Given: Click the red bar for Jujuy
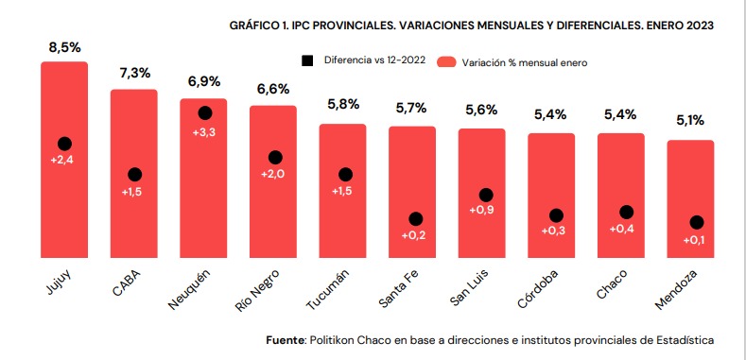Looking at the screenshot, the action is (x=64, y=160).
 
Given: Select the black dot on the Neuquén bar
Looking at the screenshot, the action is (x=205, y=112).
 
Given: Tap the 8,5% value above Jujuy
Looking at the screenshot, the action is (x=64, y=48).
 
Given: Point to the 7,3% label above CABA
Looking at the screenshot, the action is (x=134, y=74).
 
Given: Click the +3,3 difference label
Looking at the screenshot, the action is (x=204, y=132).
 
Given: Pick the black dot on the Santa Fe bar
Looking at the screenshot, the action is (x=415, y=219).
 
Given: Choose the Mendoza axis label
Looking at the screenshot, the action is (x=676, y=290).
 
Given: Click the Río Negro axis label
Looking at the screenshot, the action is (x=257, y=290).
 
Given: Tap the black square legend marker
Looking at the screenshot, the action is (x=308, y=60).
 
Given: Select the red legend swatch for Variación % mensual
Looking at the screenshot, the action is (x=446, y=62).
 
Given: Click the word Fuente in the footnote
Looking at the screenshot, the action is (x=285, y=340).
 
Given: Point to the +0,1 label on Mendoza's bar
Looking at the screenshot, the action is (x=694, y=241).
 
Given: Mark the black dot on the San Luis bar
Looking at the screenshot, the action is (x=486, y=195).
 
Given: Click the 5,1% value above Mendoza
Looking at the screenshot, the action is (x=690, y=121).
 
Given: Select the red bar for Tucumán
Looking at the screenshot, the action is (x=342, y=191).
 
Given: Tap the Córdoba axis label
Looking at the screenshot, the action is (x=538, y=289).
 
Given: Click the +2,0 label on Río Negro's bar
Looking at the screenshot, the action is (x=273, y=175).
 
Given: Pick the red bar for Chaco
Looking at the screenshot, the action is (x=621, y=196).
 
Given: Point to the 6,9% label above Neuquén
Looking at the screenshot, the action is (x=204, y=81).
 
